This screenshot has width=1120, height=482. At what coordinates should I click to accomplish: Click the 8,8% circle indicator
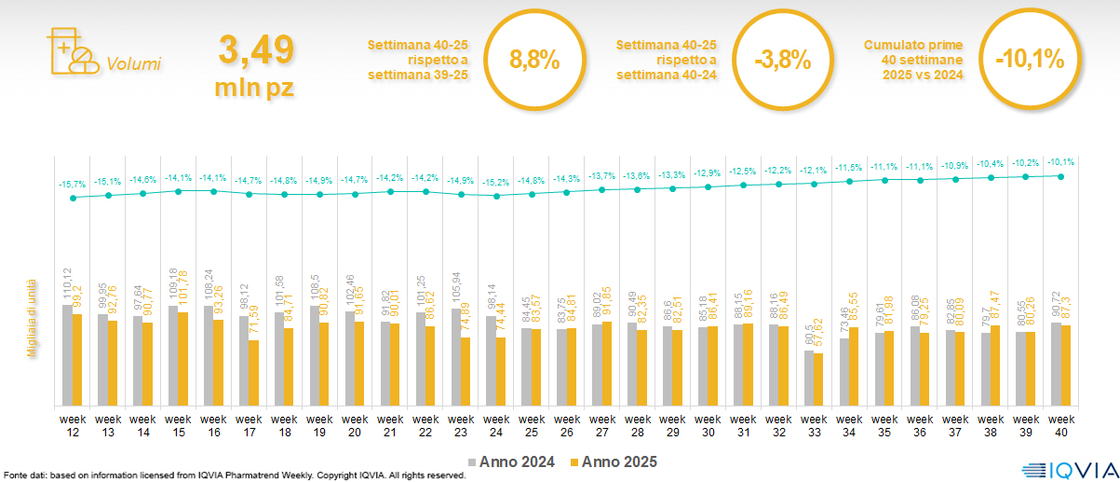click(x=534, y=61)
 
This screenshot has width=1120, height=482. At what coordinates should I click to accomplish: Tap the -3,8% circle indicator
click(x=782, y=61)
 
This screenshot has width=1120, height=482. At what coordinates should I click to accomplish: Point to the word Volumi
click(x=134, y=64)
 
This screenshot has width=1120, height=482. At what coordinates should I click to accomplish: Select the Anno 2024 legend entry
click(x=516, y=461)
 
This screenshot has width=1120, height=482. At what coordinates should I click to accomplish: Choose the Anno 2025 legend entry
click(x=614, y=461)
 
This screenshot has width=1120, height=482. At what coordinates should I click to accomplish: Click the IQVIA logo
click(x=1065, y=469)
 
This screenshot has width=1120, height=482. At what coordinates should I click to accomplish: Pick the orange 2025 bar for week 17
click(x=253, y=373)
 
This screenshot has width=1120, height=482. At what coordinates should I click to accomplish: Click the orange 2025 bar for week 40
click(x=1066, y=365)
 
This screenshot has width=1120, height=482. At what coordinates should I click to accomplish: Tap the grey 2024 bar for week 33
click(x=809, y=378)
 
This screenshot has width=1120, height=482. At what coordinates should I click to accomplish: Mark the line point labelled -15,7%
click(x=73, y=197)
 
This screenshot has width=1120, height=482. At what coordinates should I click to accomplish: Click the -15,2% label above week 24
click(x=496, y=183)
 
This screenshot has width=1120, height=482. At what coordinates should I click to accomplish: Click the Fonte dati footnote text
click(x=233, y=475)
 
